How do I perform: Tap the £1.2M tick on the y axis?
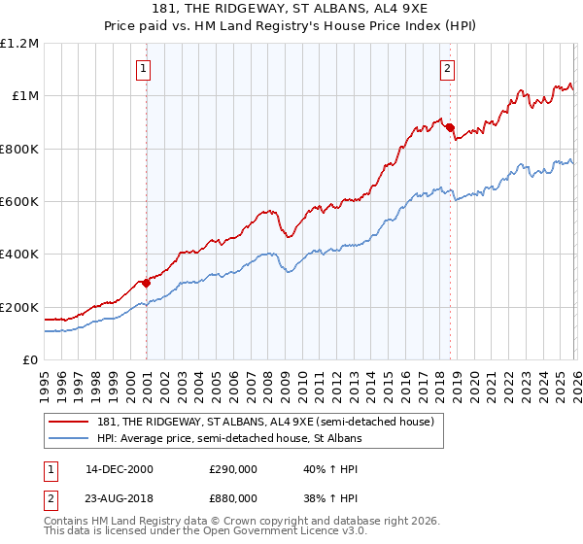pyautogui.click(x=19, y=44)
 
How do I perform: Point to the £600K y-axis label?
pyautogui.click(x=19, y=202)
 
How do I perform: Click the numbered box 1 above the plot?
pyautogui.click(x=144, y=69)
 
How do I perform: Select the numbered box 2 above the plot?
pyautogui.click(x=447, y=69)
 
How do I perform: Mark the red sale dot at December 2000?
pyautogui.click(x=146, y=284)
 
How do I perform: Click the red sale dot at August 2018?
pyautogui.click(x=449, y=127)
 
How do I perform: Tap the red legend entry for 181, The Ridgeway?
pyautogui.click(x=272, y=421)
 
